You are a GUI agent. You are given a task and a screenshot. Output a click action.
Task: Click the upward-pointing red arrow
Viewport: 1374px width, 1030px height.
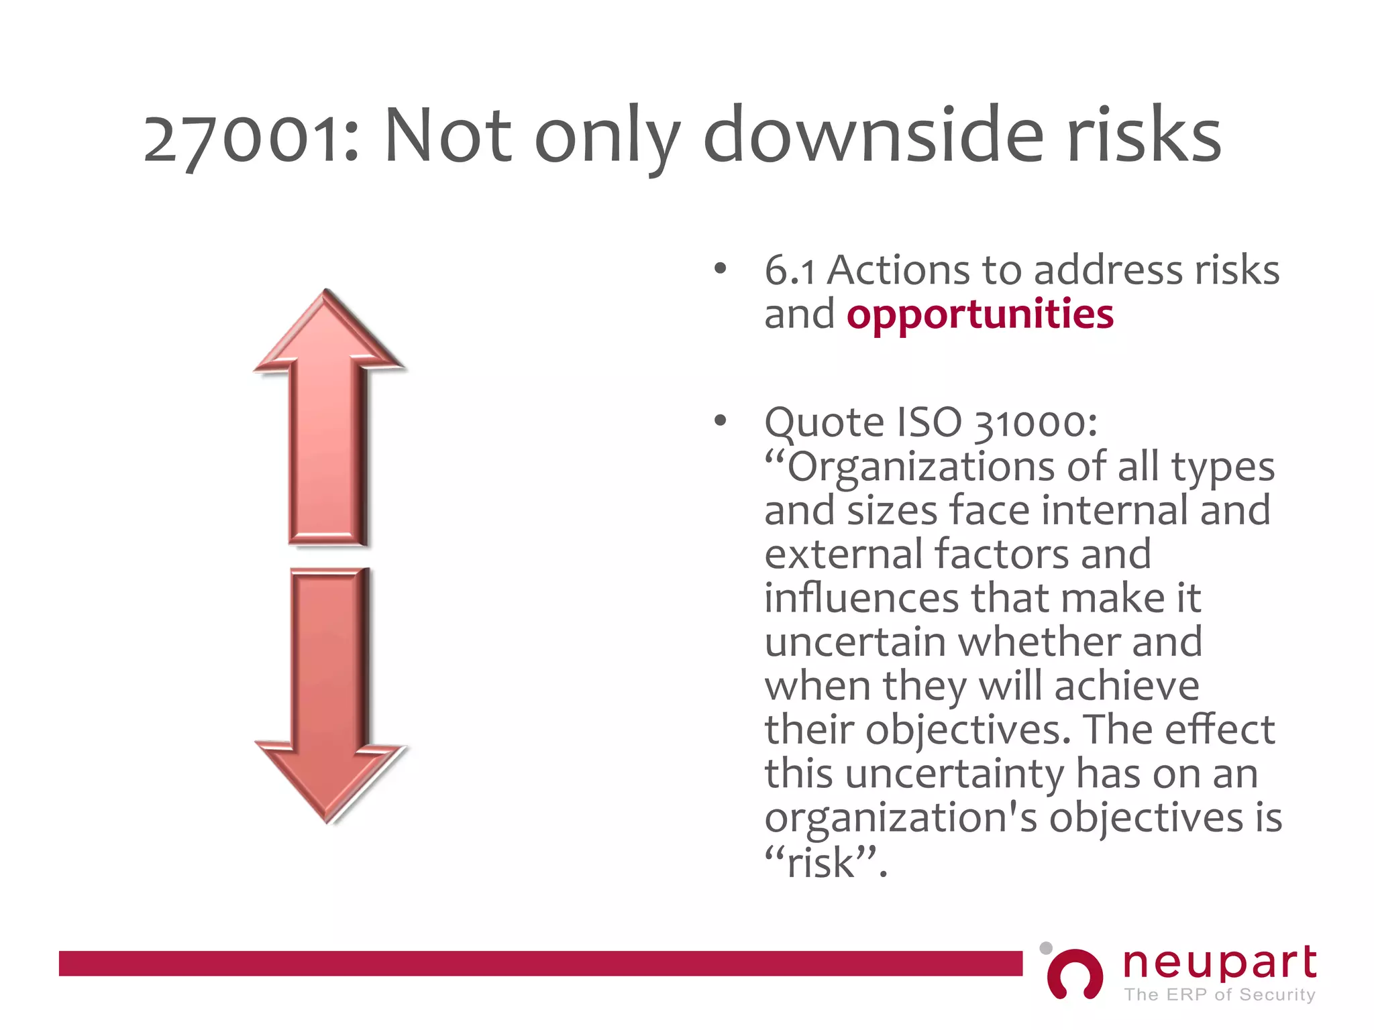pyautogui.click(x=329, y=416)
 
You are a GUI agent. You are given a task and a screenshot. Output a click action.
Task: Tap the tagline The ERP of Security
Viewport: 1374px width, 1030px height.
pyautogui.click(x=1219, y=994)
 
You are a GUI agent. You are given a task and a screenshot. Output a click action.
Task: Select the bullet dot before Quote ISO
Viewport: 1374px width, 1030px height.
pyautogui.click(x=721, y=421)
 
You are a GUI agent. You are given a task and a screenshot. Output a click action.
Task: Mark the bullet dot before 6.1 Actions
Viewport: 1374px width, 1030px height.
pyautogui.click(x=721, y=270)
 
